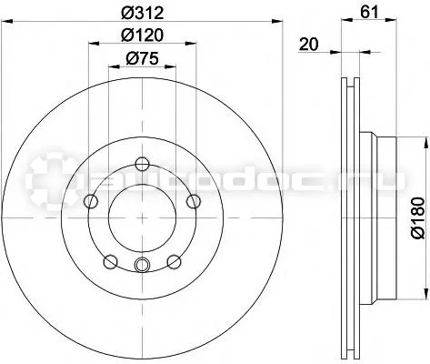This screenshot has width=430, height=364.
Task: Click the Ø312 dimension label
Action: pyautogui.click(x=142, y=14)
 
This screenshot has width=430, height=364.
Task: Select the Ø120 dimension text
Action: pyautogui.click(x=142, y=35)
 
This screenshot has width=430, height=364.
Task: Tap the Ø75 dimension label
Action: pyautogui.click(x=142, y=58)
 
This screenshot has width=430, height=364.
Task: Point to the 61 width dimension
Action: pyautogui.click(x=370, y=13)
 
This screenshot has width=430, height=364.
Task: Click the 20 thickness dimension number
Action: pyautogui.click(x=309, y=45)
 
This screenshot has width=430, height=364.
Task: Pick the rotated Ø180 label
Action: pyautogui.click(x=418, y=217)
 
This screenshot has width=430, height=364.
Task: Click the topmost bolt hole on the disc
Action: pyautogui.click(x=142, y=165)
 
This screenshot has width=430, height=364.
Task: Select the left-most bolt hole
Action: pyautogui.click(x=91, y=201)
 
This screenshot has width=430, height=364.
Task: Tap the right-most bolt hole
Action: pyautogui.click(x=194, y=201)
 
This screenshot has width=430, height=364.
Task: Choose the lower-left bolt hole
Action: pyautogui.click(x=110, y=262)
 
